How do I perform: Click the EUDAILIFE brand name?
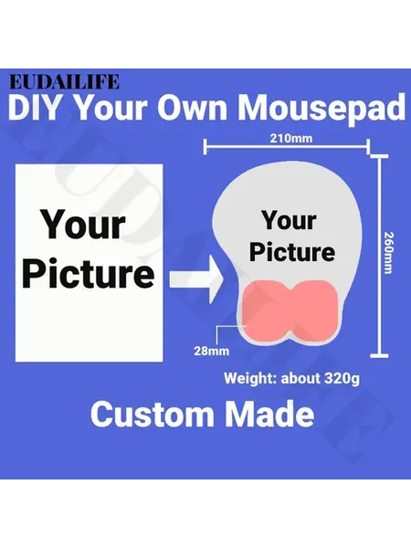click(x=64, y=82)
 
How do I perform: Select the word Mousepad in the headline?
click(x=321, y=107)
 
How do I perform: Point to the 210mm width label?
click(x=291, y=139)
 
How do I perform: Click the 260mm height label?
click(x=388, y=253)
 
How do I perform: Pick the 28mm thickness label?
click(x=212, y=351)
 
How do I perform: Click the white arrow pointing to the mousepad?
click(x=196, y=279)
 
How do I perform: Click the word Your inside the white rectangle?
click(x=83, y=224)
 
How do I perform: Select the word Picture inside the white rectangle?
click(x=88, y=272)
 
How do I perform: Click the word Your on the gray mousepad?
click(x=290, y=220)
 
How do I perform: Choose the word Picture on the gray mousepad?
click(x=292, y=252)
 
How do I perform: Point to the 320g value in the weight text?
click(x=342, y=378)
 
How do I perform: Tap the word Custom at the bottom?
click(x=153, y=414)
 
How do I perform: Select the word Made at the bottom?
click(x=269, y=414)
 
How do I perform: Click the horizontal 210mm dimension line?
click(x=287, y=146)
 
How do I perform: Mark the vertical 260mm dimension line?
click(x=379, y=256)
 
